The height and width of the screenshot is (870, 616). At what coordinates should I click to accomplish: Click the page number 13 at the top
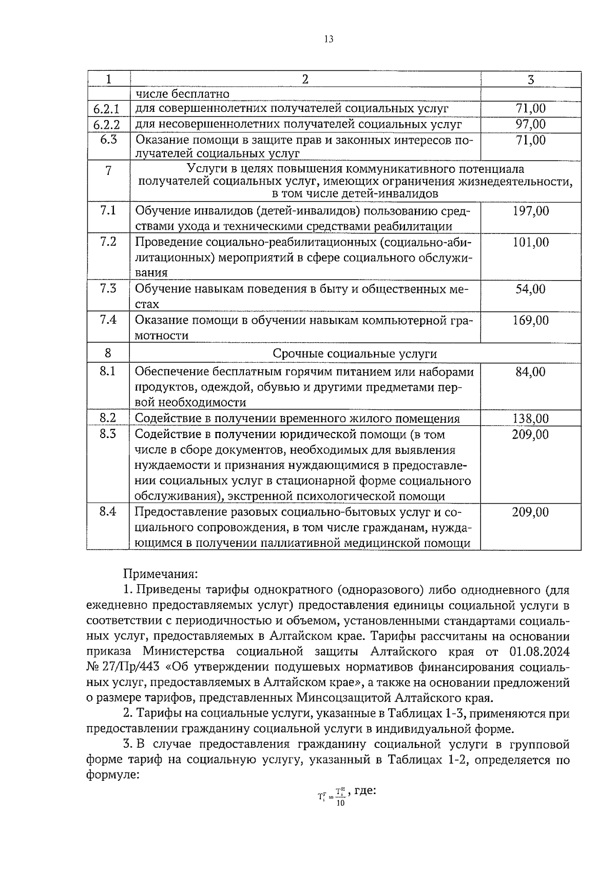click(x=329, y=39)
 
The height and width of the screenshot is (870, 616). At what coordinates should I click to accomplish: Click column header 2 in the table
click(x=305, y=79)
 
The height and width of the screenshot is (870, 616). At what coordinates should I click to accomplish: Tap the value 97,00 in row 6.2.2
click(x=530, y=124)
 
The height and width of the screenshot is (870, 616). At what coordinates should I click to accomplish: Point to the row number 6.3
click(x=108, y=140)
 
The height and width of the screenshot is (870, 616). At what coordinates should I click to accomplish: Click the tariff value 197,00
click(x=530, y=211)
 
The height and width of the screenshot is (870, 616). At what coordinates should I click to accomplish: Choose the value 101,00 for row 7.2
click(x=530, y=242)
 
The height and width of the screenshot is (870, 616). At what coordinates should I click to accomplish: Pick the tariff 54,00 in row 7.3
click(x=530, y=289)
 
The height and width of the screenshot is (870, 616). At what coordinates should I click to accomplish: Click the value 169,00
click(x=530, y=321)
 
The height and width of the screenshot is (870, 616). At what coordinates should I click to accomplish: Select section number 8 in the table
click(x=108, y=353)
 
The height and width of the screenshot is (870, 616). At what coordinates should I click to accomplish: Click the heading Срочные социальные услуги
click(x=355, y=353)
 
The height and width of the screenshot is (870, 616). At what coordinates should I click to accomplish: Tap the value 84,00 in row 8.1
click(x=530, y=372)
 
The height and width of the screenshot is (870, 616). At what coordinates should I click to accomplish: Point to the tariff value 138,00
click(x=530, y=419)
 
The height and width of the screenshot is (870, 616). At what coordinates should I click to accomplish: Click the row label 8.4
click(x=108, y=511)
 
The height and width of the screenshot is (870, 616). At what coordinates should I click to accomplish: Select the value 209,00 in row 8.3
click(x=530, y=435)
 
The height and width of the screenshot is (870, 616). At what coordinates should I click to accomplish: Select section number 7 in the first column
click(x=108, y=171)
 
